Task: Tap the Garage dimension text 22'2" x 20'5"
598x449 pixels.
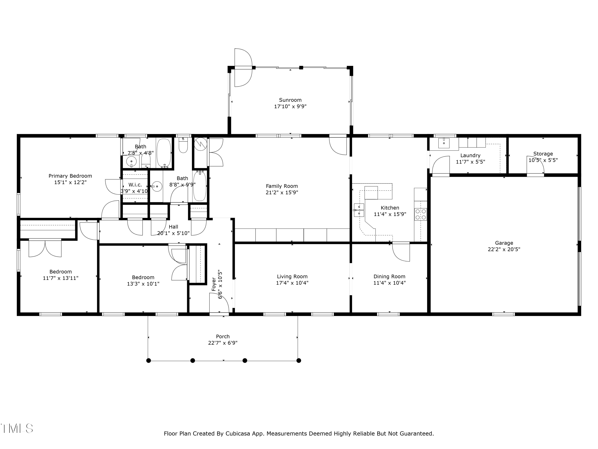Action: coord(504,249)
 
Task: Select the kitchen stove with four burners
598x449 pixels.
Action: coord(421,214)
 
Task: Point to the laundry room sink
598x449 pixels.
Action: coord(444,143)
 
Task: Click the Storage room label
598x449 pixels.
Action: coord(543,154)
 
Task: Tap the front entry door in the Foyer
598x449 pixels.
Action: coord(219,303)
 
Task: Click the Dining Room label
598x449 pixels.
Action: coord(389,276)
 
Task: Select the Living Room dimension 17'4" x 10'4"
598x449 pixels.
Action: coord(292,283)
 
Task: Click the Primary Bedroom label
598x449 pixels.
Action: coord(70,176)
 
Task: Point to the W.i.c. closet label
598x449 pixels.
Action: coord(135,185)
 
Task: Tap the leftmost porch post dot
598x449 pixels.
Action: coord(149,361)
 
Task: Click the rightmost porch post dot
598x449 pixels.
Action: coord(299,361)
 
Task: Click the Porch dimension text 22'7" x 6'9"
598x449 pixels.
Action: coord(223,343)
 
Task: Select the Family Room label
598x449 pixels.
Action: coord(282,186)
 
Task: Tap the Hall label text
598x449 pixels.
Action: coord(173,227)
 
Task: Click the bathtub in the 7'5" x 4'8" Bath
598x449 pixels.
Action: coord(164,153)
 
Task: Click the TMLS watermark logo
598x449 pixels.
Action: coord(17,428)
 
